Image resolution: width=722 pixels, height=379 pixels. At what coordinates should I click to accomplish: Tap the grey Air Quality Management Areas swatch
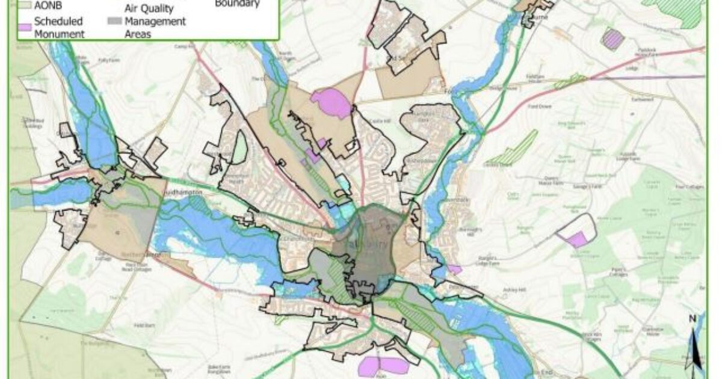pyautogui.click(x=114, y=21)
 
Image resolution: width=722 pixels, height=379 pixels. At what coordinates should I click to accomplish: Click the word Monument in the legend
pyautogui.click(x=59, y=34)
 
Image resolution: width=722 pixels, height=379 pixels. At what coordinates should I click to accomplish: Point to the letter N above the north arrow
pyautogui.click(x=692, y=318)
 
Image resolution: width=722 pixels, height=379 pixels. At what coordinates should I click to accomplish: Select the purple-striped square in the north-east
pyautogui.click(x=612, y=39)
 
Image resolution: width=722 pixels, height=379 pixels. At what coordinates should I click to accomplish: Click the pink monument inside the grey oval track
pyautogui.click(x=577, y=239)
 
